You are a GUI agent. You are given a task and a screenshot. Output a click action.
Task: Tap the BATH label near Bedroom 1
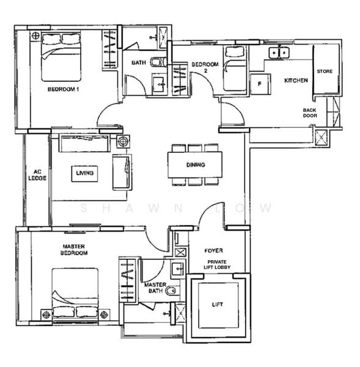tap(138, 62)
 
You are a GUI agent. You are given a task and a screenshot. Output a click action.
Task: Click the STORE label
tap(325, 72)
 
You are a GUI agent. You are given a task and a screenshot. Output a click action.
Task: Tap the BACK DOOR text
tap(310, 114)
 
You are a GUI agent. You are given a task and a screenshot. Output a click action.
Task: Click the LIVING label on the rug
tap(85, 174)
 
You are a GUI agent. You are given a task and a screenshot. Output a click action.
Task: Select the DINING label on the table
tap(196, 165)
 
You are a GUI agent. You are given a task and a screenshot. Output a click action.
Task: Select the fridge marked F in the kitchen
tap(260, 84)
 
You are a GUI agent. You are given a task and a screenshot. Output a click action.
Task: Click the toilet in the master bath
tap(173, 292)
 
